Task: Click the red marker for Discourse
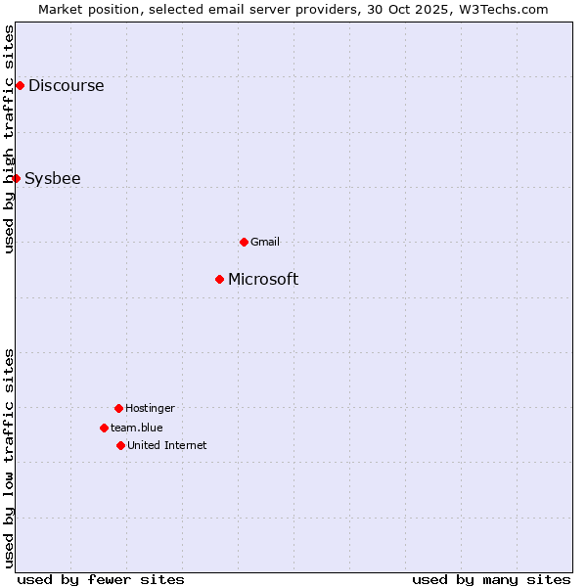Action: pos(20,85)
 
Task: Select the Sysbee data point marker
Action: pos(16,178)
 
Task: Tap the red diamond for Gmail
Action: pos(244,242)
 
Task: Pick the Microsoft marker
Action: pos(219,279)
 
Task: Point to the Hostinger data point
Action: pos(118,408)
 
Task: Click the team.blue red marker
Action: pos(104,428)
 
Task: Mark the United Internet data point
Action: pos(120,445)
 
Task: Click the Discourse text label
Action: pos(66,85)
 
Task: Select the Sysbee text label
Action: pos(53,178)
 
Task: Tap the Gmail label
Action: pos(265,242)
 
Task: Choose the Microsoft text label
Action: pos(263,279)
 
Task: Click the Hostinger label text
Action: pos(150,408)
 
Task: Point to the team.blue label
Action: pos(137,428)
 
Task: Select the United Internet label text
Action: pos(166,445)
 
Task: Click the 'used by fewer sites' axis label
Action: pos(101,579)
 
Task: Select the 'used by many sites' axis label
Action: pos(491,579)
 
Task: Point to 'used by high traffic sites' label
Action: pos(10,139)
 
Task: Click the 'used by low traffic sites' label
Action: pos(10,457)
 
